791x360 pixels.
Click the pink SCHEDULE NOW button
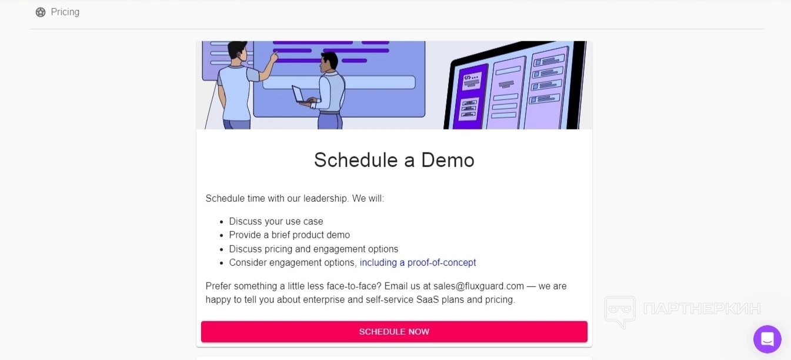tap(394, 331)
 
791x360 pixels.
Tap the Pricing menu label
tap(65, 12)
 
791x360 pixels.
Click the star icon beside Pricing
tap(41, 12)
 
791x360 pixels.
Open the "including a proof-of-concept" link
tap(418, 262)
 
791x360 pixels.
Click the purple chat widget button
tap(767, 339)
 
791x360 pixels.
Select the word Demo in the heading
tap(448, 160)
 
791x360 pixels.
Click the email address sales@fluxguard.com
tap(479, 286)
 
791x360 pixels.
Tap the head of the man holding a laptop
tap(329, 61)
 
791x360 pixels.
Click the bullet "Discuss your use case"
tap(276, 221)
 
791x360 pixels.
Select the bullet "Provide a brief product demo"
tap(289, 235)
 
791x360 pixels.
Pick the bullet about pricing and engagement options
tap(313, 249)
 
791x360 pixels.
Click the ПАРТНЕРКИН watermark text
tap(702, 309)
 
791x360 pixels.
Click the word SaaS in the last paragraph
tap(428, 299)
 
